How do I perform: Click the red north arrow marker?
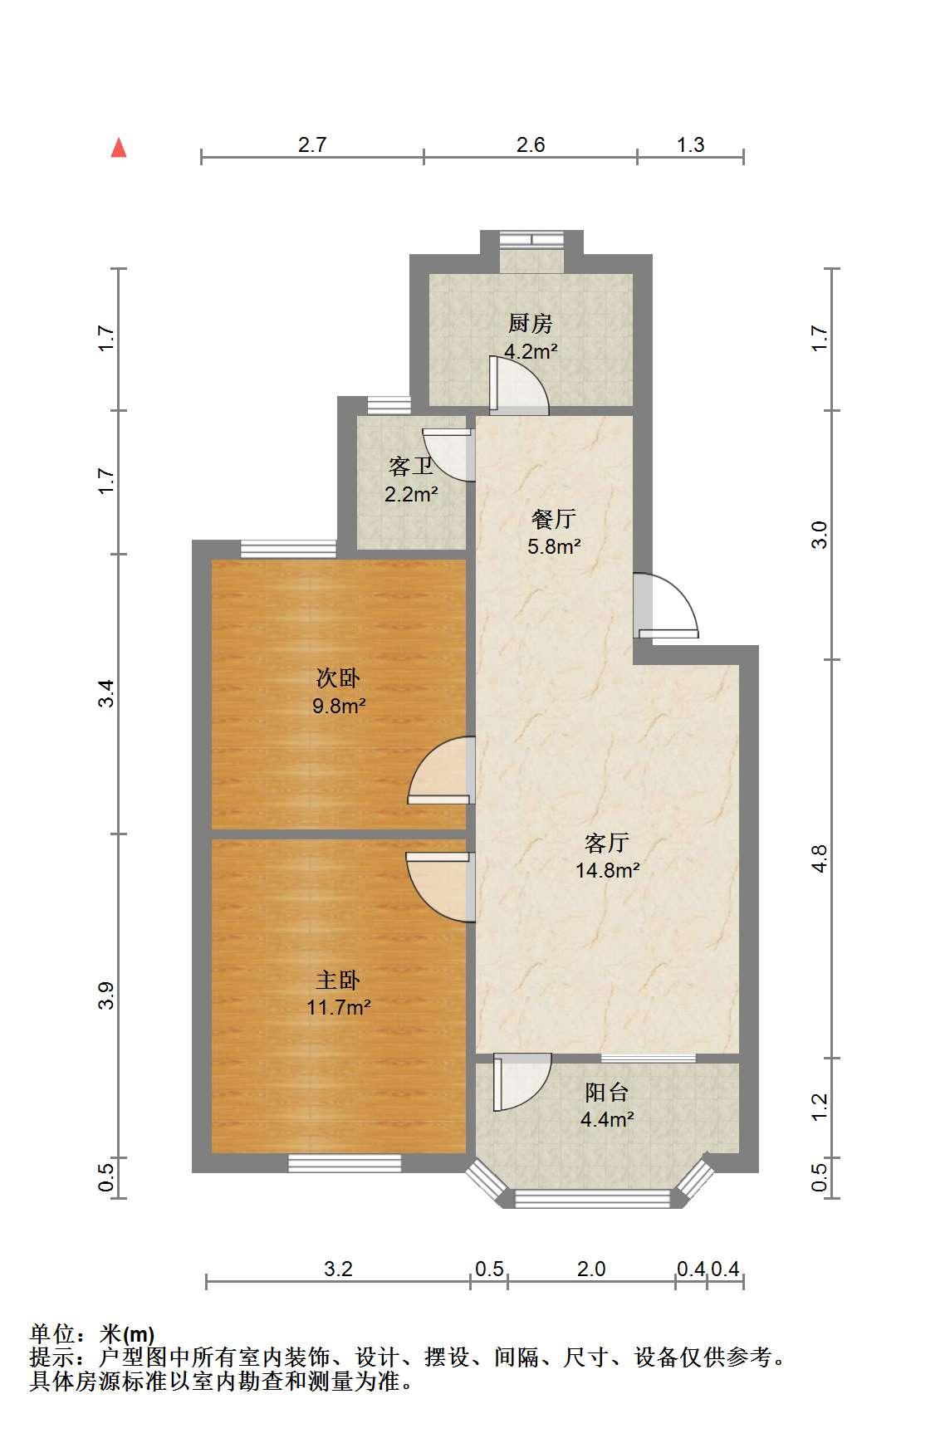[120, 148]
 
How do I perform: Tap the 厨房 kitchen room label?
[531, 323]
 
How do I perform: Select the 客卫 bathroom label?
[410, 467]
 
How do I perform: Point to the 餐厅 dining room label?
[554, 520]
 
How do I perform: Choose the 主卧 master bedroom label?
[338, 981]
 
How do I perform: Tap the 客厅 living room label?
[607, 844]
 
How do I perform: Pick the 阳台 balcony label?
[607, 1092]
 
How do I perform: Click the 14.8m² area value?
[607, 871]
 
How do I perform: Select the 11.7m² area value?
[338, 1008]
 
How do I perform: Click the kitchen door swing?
[519, 385]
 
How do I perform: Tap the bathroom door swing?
[448, 455]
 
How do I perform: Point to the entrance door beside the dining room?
[665, 606]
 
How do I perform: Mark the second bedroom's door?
[441, 771]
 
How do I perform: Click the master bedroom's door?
[440, 887]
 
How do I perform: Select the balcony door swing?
[522, 1082]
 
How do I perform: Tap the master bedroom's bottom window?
[345, 1163]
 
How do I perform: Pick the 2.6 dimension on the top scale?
[531, 145]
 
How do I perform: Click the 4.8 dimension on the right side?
[818, 858]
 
